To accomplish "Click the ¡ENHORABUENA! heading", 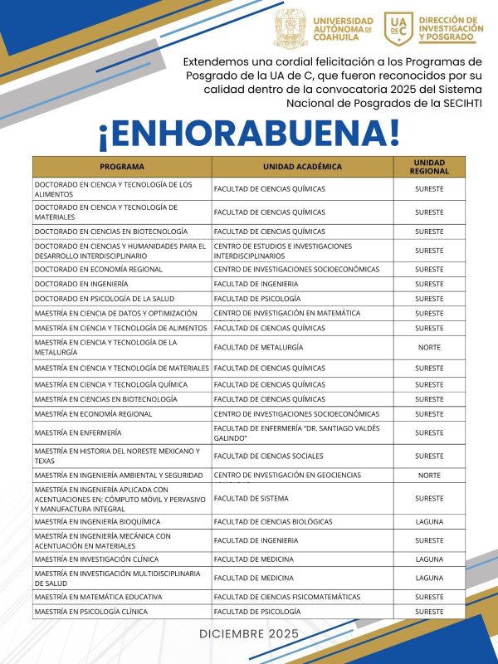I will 249,133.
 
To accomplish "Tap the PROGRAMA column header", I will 122,166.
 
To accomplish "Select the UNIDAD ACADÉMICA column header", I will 302,166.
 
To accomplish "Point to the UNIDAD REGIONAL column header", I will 429,166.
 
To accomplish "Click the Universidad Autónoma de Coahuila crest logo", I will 290,29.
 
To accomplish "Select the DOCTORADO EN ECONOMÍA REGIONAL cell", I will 98,269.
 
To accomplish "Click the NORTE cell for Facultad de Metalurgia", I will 429,347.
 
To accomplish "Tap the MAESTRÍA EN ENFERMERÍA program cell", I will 78,432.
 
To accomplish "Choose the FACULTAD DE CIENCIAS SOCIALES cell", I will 269,456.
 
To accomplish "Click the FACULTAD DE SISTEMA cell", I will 251,498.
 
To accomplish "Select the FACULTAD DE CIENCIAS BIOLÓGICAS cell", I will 273,521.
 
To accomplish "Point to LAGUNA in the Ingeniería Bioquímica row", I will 429,521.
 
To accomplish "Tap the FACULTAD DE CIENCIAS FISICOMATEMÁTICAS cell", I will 287,597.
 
